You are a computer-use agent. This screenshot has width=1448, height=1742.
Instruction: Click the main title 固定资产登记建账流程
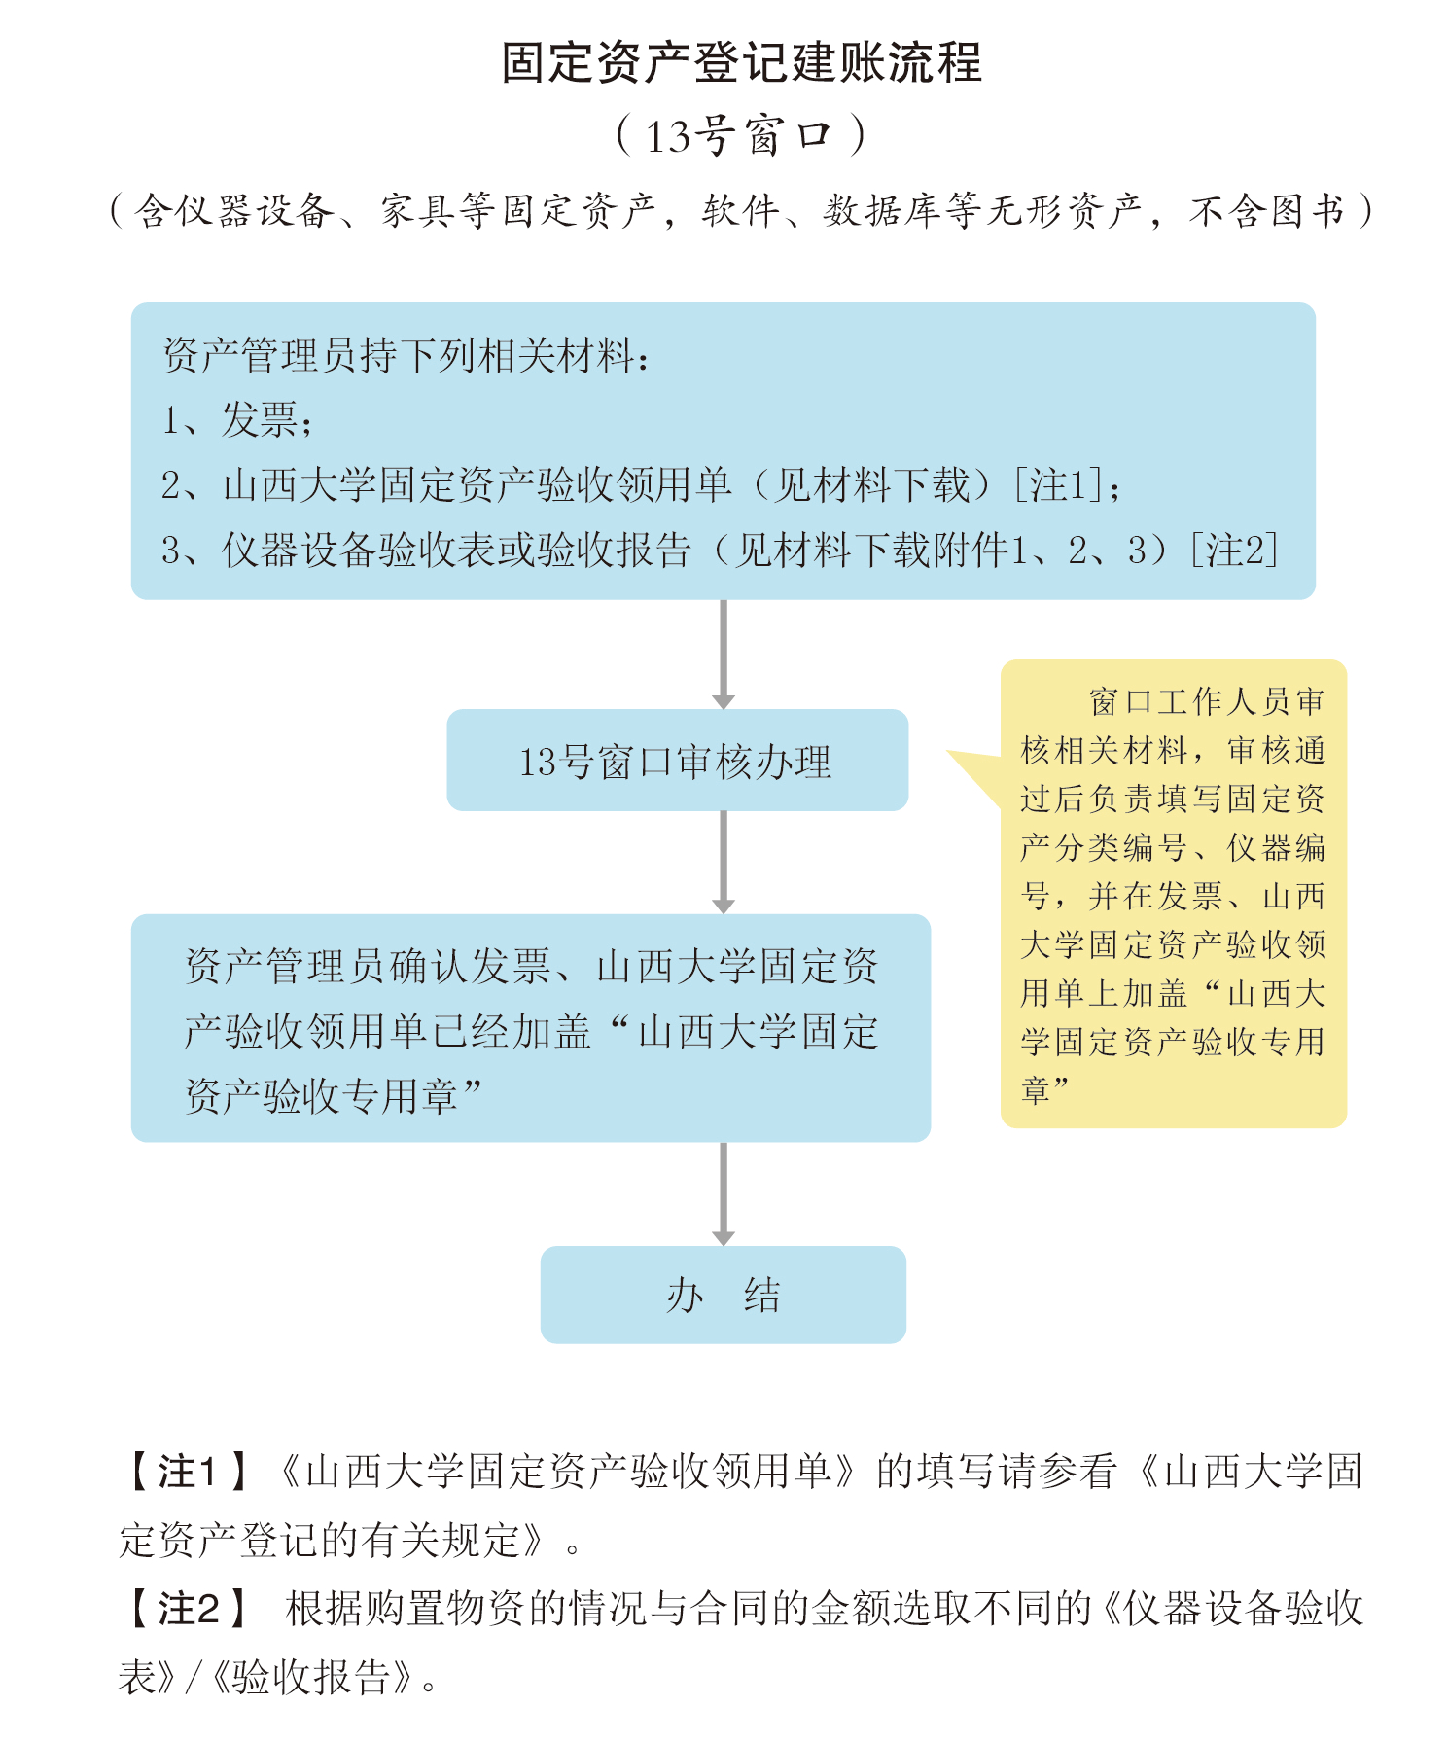pos(741,62)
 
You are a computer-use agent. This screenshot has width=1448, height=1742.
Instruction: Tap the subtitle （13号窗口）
pos(741,135)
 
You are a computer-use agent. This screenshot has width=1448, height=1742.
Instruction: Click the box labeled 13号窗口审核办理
pos(678,760)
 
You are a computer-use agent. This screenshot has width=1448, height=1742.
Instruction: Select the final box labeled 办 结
pos(724,1295)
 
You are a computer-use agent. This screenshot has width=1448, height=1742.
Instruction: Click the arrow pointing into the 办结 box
pos(724,1193)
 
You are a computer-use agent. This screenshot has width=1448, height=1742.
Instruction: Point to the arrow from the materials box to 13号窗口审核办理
pos(724,654)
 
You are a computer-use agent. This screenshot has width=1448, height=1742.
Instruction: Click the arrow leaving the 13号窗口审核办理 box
pos(724,862)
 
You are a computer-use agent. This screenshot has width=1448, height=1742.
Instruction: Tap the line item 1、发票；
pos(237,420)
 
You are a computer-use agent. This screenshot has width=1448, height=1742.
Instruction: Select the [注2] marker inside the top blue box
pos(1234,550)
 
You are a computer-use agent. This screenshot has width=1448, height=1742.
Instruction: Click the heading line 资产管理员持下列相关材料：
pos(406,355)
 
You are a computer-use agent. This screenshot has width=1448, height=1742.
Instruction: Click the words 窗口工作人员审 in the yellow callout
pos(1207,701)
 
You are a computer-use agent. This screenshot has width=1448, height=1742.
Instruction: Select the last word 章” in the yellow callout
pos(1045,1090)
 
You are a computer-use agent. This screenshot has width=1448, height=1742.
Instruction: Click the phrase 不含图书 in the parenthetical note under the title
pos(1266,210)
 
